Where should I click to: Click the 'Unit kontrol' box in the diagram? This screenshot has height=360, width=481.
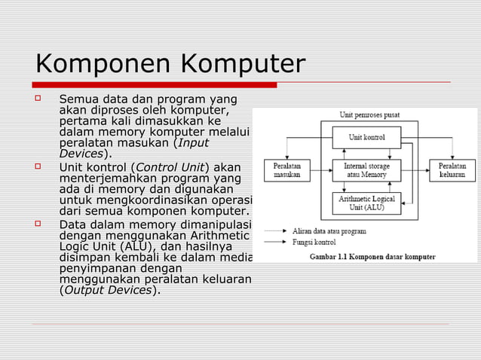point(366,138)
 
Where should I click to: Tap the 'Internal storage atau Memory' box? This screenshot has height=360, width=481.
point(366,170)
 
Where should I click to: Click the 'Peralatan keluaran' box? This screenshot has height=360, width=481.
point(452,170)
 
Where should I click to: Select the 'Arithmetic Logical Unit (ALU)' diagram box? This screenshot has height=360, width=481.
point(366,203)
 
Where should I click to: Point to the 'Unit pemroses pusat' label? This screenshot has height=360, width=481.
point(369,115)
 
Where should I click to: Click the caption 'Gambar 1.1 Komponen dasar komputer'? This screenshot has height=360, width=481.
point(372,257)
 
